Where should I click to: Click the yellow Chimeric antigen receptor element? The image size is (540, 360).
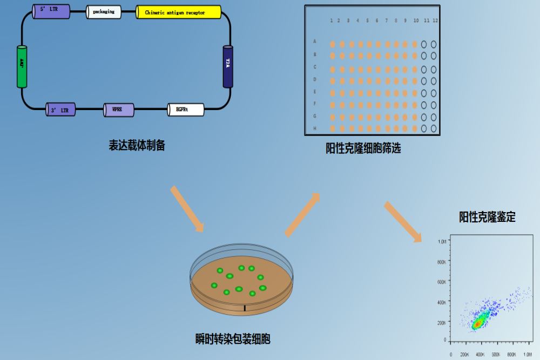point(179,12)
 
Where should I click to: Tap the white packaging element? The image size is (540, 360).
point(104,12)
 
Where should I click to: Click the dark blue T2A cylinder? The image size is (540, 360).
point(228,66)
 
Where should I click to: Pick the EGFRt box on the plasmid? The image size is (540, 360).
point(185,110)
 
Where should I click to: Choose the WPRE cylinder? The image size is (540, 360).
point(119,110)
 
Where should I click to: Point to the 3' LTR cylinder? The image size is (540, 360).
point(60,110)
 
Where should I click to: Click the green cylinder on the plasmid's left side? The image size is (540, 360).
point(22,66)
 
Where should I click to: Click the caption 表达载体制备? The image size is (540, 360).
point(137,145)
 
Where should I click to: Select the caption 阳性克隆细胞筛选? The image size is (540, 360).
point(363,148)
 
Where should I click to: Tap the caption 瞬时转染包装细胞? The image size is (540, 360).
point(233,339)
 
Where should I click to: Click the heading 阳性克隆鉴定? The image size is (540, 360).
point(487,217)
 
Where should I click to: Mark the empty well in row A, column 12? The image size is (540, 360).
point(434,43)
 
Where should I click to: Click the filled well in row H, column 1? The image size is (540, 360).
point(333,128)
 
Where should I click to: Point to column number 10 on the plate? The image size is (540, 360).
point(415,21)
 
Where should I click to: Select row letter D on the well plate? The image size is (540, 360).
point(315,79)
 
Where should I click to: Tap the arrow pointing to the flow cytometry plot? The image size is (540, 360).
point(402,222)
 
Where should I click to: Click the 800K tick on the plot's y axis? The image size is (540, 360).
point(441,262)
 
